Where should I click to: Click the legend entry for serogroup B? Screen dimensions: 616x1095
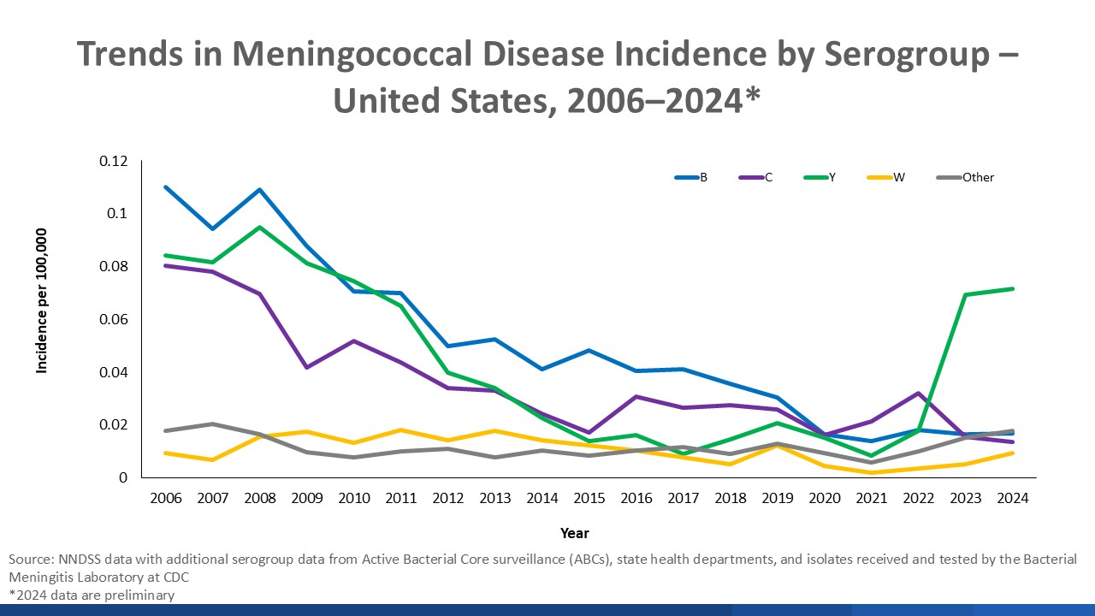pos(690,178)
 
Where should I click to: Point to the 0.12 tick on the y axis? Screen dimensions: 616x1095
pos(113,161)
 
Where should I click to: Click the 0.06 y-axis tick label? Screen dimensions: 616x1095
pos(113,319)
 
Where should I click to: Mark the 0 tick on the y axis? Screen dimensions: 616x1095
pos(122,477)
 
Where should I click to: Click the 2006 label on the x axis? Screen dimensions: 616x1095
pos(166,499)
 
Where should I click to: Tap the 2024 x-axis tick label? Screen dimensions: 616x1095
pos(1013,499)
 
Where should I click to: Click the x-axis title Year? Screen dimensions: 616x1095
pos(574,533)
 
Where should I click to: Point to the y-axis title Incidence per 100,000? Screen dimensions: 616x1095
pos(41,299)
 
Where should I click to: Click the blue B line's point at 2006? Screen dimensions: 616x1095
pos(166,187)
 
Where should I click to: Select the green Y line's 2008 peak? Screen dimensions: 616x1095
pos(259,227)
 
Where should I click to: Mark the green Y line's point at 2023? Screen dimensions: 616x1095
pos(966,295)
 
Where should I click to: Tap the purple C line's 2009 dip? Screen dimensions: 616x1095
pos(306,367)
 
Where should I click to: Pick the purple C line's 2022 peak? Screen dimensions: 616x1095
pos(919,394)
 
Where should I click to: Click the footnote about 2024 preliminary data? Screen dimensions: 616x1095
pos(92,595)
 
